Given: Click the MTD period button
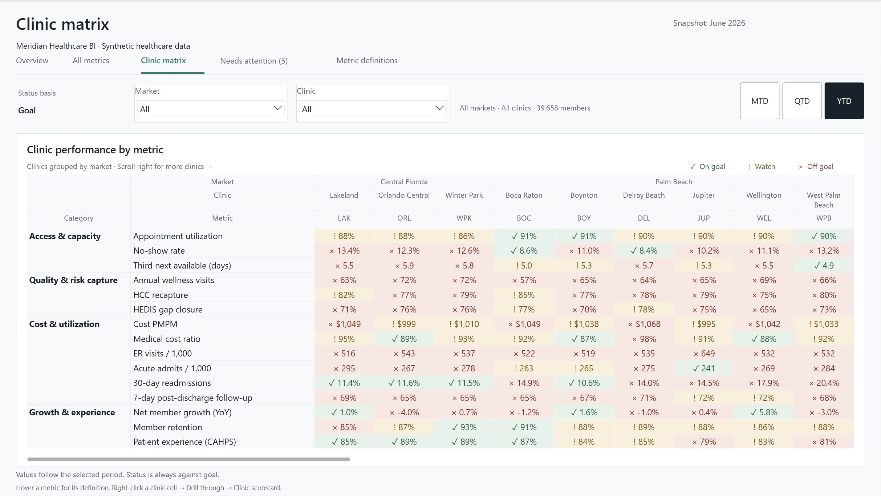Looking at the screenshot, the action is point(759,101).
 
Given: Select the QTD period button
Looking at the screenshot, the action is point(802,101).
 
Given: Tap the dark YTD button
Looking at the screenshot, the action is point(844,101).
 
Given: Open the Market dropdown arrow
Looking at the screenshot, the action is point(277,108).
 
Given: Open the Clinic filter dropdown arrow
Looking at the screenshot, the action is point(439,108).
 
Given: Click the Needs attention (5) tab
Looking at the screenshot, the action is point(254,61).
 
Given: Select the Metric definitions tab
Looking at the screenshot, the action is point(367,60).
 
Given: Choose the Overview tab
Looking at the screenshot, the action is point(32,60).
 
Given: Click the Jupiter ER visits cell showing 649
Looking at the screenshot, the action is point(704,354).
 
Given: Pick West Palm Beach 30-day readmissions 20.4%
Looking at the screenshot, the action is point(824,383).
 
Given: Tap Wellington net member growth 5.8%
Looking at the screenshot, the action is point(764,412).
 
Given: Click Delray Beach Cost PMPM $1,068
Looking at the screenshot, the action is point(644,324).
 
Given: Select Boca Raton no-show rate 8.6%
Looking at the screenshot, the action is point(524,251).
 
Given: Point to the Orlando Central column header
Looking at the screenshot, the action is point(404,195).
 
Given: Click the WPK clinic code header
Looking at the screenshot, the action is point(464,218).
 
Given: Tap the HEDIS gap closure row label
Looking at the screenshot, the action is point(168,310).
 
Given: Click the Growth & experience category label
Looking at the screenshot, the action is point(72,412).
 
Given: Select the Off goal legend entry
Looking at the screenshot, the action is point(816,166).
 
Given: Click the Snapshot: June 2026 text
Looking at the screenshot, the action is point(709,23).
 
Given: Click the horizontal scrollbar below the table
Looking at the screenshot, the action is point(188,459).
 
